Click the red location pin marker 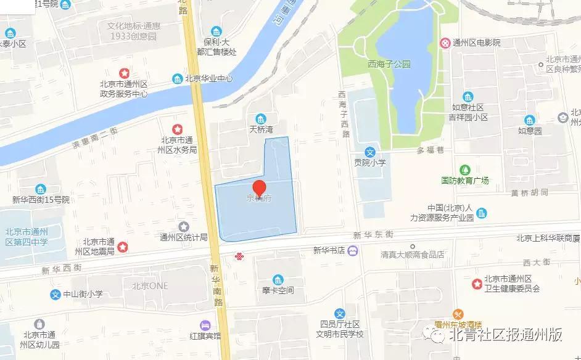click(260, 188)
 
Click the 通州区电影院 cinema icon click(445, 43)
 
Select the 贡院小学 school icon click(369, 152)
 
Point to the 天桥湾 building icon click(261, 118)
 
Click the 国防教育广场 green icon click(465, 169)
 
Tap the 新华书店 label click(327, 250)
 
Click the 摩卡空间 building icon click(278, 279)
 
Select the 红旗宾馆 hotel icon click(205, 325)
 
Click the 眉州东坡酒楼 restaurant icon click(458, 314)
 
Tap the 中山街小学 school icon click(55, 294)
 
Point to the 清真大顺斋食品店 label click(413, 253)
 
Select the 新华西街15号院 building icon click(41, 189)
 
